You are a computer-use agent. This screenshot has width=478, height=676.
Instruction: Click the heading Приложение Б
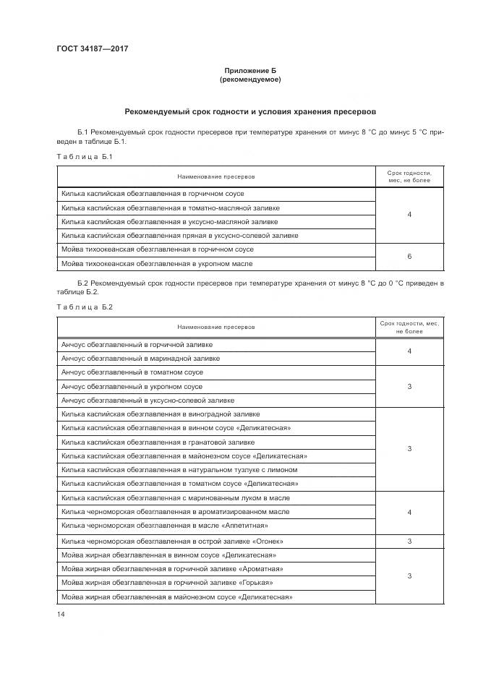(x=249, y=70)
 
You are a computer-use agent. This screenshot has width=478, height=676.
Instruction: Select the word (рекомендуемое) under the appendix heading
(x=249, y=80)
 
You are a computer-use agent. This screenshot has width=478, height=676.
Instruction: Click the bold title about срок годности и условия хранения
(x=249, y=112)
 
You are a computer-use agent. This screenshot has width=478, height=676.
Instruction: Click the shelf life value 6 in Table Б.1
(x=409, y=256)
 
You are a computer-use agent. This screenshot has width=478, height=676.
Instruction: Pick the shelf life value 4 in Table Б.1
(x=409, y=214)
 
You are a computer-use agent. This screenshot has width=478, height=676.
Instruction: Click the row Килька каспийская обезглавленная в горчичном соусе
(x=153, y=194)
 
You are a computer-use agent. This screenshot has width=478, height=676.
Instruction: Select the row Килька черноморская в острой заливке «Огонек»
(x=172, y=541)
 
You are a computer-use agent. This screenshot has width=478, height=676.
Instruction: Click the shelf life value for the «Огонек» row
(x=409, y=541)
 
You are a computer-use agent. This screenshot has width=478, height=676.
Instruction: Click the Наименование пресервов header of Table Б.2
(x=216, y=326)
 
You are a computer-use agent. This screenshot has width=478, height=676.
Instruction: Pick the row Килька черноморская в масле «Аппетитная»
(x=164, y=526)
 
